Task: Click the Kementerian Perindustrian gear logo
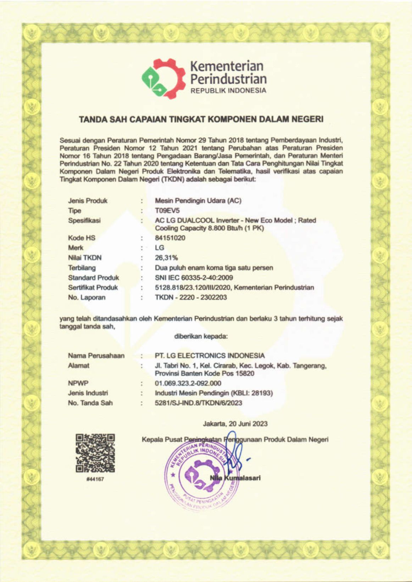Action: point(164,79)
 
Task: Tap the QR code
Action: point(95,453)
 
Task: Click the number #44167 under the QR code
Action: point(95,479)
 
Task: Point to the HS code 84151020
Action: point(170,238)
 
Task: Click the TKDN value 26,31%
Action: point(166,258)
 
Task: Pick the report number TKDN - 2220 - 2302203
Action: point(191,297)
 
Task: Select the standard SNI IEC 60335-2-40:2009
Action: point(194,277)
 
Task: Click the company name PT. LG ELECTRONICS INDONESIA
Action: point(210,355)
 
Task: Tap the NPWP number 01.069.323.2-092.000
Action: point(188,383)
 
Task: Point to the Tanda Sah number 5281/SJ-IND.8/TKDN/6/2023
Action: point(199,403)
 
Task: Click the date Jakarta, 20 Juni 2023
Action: point(235,424)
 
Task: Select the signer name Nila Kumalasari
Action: point(235,478)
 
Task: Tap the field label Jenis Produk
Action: point(88,201)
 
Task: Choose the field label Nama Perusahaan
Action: point(96,355)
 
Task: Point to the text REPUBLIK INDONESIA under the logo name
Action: point(228,91)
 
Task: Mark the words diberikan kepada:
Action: point(201,336)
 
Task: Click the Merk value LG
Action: point(160,248)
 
